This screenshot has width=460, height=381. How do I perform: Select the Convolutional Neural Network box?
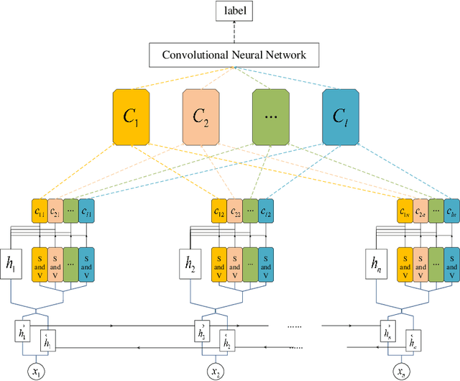point(234,55)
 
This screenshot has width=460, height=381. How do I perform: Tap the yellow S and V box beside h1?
point(39,263)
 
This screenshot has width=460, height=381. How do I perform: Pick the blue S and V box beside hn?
point(452,263)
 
